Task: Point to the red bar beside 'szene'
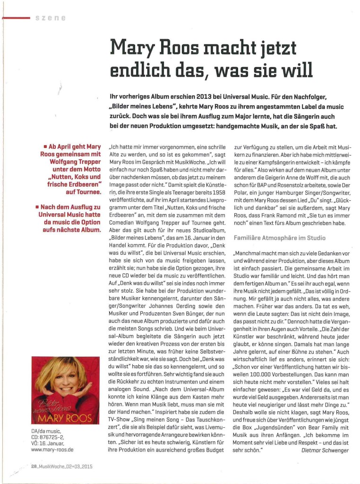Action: pos(16,17)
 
